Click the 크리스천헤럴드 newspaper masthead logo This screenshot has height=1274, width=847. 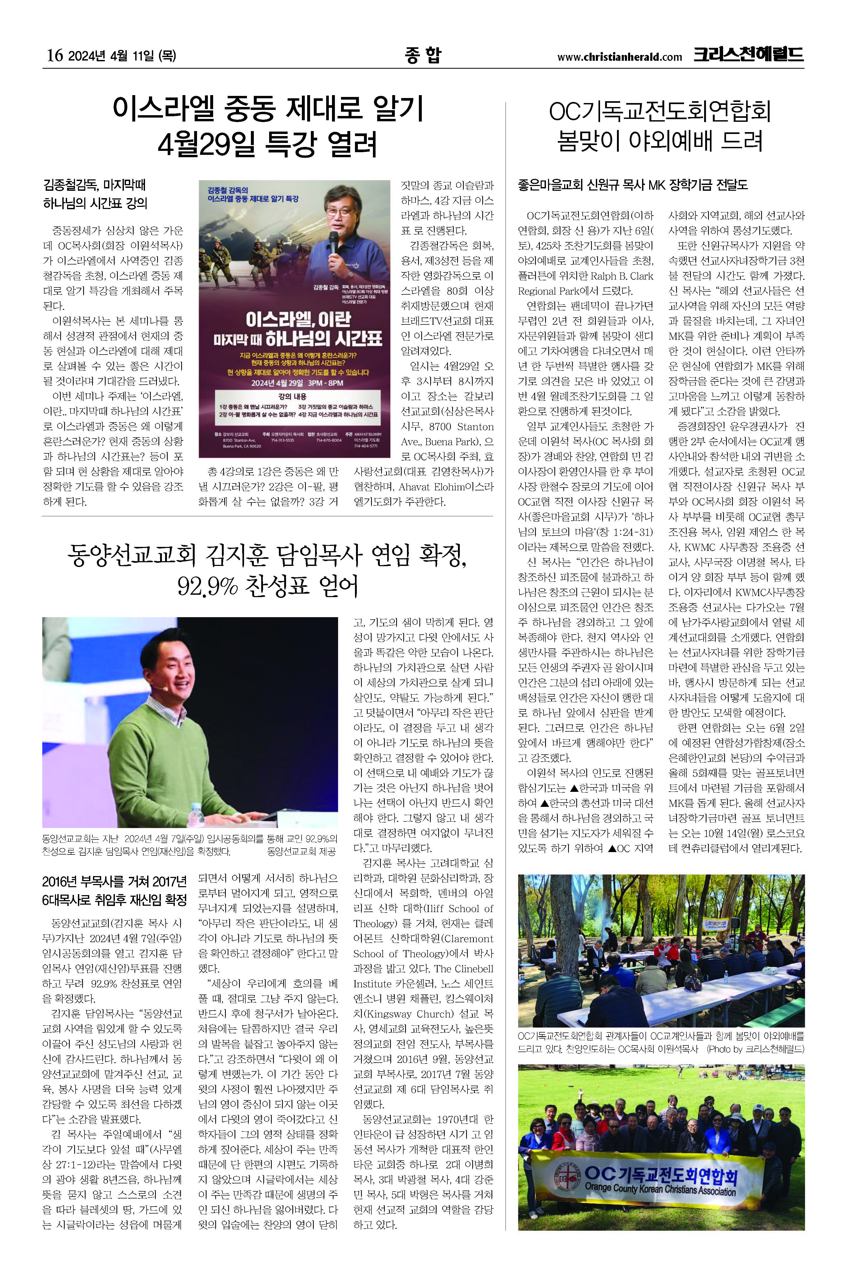pos(749,55)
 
